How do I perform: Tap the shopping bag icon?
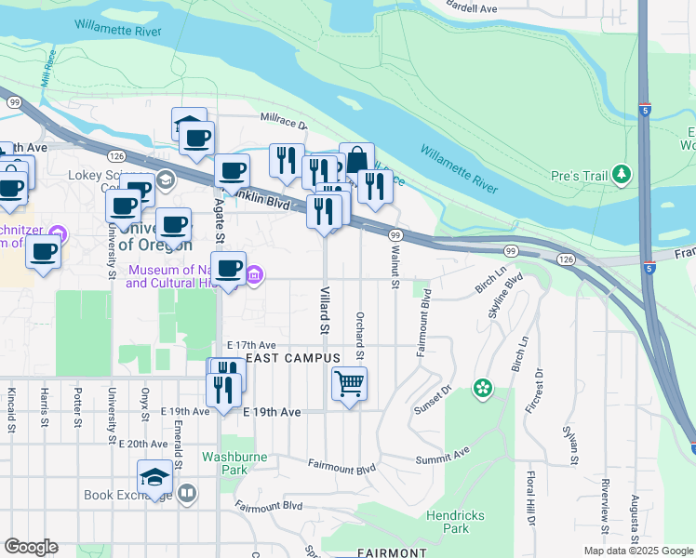pyautogui.click(x=356, y=159)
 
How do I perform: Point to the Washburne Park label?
pyautogui.click(x=223, y=463)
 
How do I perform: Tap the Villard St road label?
pyautogui.click(x=326, y=315)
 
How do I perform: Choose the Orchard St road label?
pyautogui.click(x=359, y=337)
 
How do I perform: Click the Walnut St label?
pyautogui.click(x=395, y=266)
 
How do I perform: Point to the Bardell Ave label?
pyautogui.click(x=472, y=7)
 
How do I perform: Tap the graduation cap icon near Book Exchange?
pyautogui.click(x=154, y=477)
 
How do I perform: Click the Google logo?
pyautogui.click(x=31, y=547)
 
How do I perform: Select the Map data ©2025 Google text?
pyautogui.click(x=637, y=551)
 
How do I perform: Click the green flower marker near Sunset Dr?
pyautogui.click(x=482, y=387)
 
